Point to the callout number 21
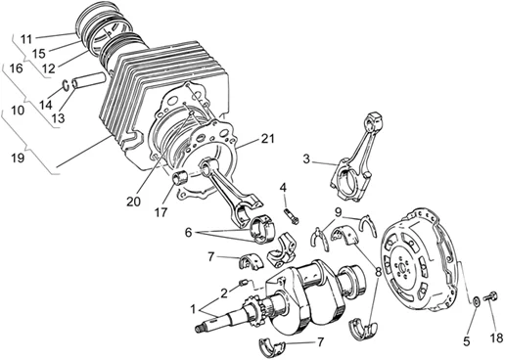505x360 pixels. click(268, 141)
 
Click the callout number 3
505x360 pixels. click(306, 157)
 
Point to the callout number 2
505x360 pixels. click(224, 292)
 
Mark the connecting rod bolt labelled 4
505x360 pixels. click(288, 207)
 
